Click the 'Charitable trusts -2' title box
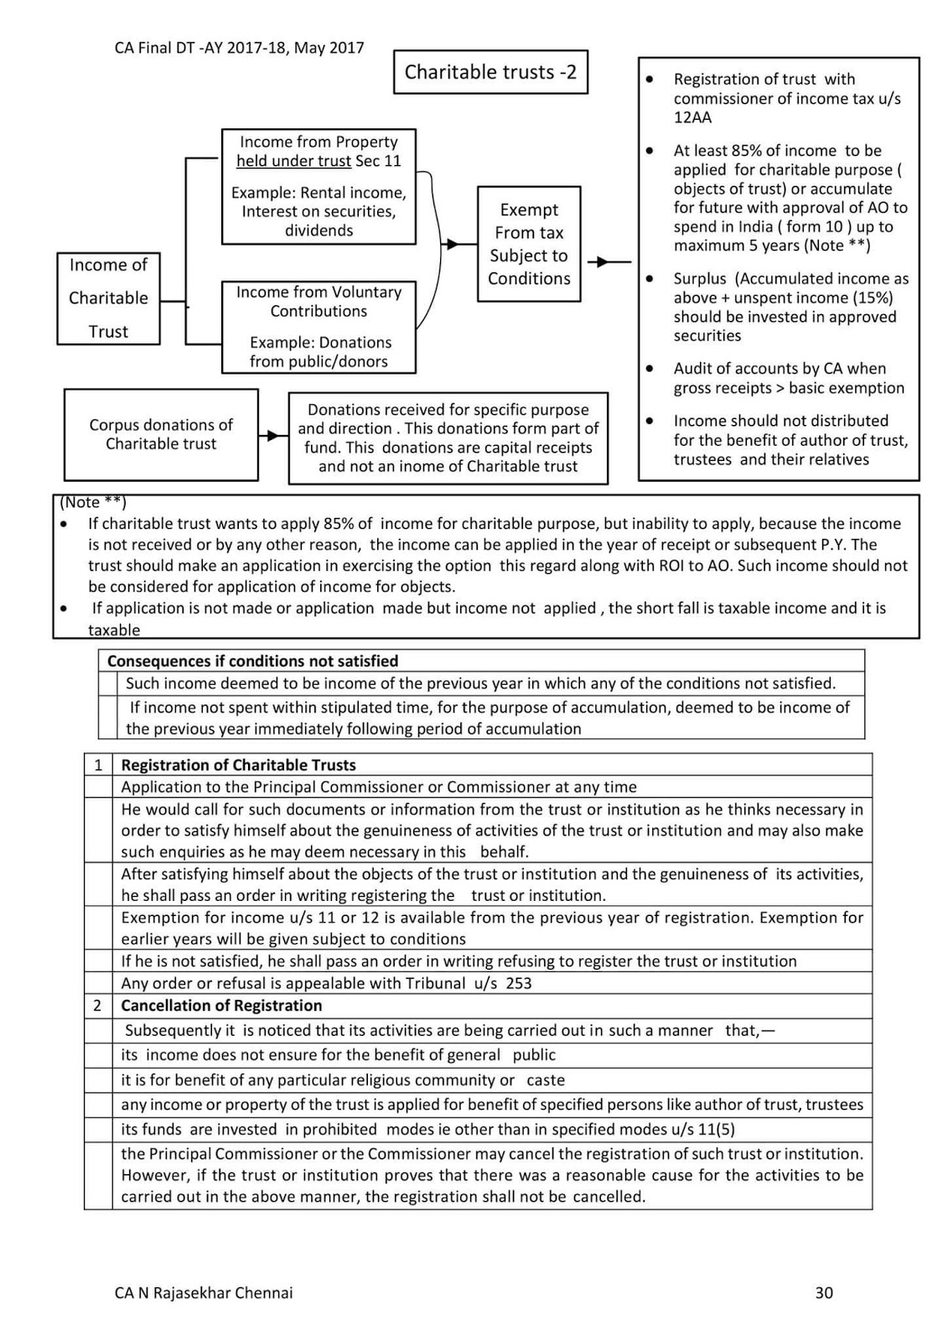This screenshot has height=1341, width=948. point(490,72)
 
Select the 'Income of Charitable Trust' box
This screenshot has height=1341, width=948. point(108,298)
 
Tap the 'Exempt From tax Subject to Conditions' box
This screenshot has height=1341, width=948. point(529,244)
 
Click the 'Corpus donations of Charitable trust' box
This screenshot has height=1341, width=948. point(161,434)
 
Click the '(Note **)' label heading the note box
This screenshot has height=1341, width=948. point(93,502)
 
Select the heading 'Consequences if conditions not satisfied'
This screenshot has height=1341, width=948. point(252,661)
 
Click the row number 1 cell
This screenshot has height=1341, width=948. point(98,764)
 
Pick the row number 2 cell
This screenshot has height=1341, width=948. point(98,1005)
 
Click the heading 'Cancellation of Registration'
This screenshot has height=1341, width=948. point(221,1005)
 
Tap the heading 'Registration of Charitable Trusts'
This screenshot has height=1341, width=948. point(238,764)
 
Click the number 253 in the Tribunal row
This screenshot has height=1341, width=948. point(519,983)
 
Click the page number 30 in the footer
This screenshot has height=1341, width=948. point(823,1292)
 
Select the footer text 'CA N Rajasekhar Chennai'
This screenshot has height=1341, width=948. point(204,1292)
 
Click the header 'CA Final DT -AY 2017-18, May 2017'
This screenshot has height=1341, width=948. point(239,48)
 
